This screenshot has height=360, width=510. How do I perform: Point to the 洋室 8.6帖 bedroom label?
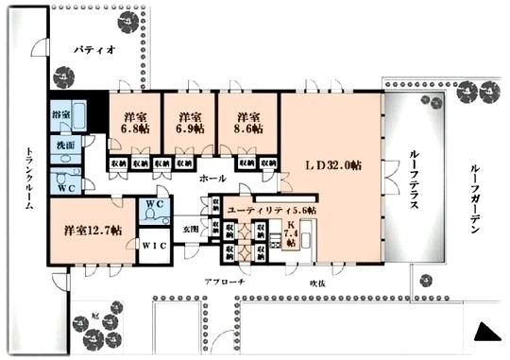tap(243, 123)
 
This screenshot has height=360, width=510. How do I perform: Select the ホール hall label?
tap(212, 178)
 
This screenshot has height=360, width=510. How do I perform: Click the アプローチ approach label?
tap(224, 282)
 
